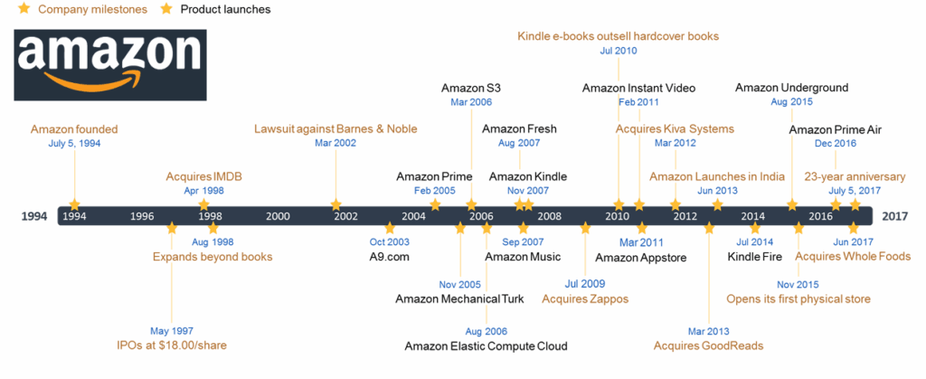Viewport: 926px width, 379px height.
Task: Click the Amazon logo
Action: (x=110, y=64)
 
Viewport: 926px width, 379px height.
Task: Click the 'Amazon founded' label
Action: (x=74, y=129)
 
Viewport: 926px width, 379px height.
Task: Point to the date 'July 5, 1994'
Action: (x=74, y=143)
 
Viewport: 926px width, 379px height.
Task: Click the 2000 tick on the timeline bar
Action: (x=278, y=216)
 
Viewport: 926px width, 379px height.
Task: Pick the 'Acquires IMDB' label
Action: (x=204, y=176)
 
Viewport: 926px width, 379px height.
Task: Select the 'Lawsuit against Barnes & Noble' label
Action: (x=335, y=128)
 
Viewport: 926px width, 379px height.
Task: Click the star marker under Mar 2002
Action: (x=336, y=204)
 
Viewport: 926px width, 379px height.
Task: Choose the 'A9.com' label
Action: (x=389, y=257)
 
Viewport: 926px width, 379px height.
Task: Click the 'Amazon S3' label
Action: (x=471, y=89)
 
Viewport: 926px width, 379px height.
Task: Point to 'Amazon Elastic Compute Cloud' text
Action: (x=486, y=346)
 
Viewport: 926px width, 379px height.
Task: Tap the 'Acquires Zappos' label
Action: (x=585, y=298)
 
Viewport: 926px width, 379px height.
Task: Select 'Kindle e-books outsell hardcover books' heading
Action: (x=619, y=36)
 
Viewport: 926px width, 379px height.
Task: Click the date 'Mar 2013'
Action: (x=709, y=332)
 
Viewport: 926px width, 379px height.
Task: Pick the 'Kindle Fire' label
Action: (x=755, y=257)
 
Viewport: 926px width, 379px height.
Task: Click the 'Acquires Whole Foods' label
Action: (x=853, y=256)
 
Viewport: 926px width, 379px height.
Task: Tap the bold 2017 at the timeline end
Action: (x=895, y=216)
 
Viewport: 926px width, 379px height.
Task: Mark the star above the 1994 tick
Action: (x=74, y=204)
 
